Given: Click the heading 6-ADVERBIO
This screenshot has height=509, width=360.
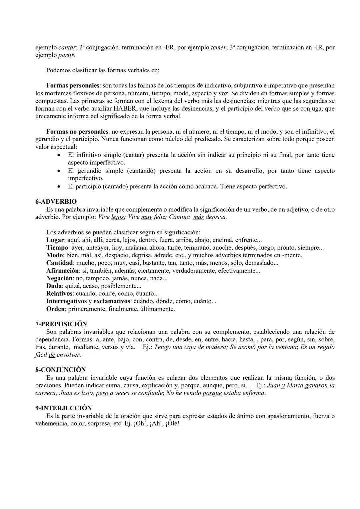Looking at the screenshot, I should point(56,202).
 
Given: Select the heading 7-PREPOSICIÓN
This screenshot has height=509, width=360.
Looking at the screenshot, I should point(61,324).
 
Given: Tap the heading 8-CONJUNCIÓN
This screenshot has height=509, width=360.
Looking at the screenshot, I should point(60,370).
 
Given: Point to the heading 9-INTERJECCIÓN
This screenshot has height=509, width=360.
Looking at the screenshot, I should point(63,408).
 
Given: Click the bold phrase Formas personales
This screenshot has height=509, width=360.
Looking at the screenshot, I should point(73,86).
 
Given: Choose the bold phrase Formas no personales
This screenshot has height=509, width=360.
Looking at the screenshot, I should point(78,132).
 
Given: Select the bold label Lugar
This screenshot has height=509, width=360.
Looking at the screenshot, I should point(55,240).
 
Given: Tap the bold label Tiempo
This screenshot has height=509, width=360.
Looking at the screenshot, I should point(57,248).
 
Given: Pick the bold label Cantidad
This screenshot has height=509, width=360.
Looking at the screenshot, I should point(59,263).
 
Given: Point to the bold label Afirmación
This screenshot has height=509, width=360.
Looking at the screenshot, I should point(62,271).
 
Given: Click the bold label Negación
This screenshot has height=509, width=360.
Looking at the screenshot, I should point(59,278).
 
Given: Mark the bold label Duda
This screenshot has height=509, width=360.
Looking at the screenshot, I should point(54,286).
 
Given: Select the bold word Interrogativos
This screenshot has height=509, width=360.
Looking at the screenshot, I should point(66,301).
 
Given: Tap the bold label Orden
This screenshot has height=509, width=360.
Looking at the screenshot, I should point(55,309).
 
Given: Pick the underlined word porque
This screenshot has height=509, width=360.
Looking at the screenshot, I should point(212,393).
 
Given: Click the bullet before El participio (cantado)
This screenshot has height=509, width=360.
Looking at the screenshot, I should point(59,187).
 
